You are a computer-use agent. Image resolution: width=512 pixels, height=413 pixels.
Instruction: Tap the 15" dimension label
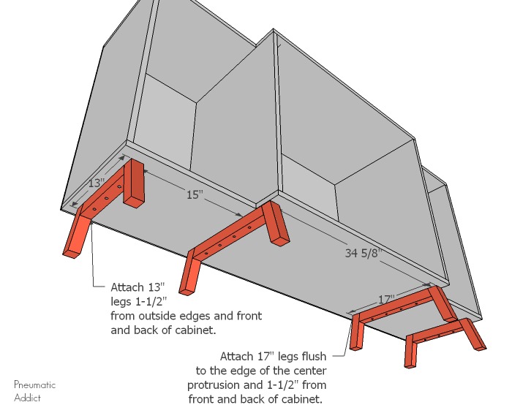tap(194, 195)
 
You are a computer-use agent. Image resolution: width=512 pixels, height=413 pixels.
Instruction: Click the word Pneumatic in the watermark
tap(34, 385)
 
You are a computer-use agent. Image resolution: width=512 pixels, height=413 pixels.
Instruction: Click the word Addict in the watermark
tap(27, 398)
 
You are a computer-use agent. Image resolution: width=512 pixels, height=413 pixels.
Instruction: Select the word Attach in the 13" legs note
tap(127, 287)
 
